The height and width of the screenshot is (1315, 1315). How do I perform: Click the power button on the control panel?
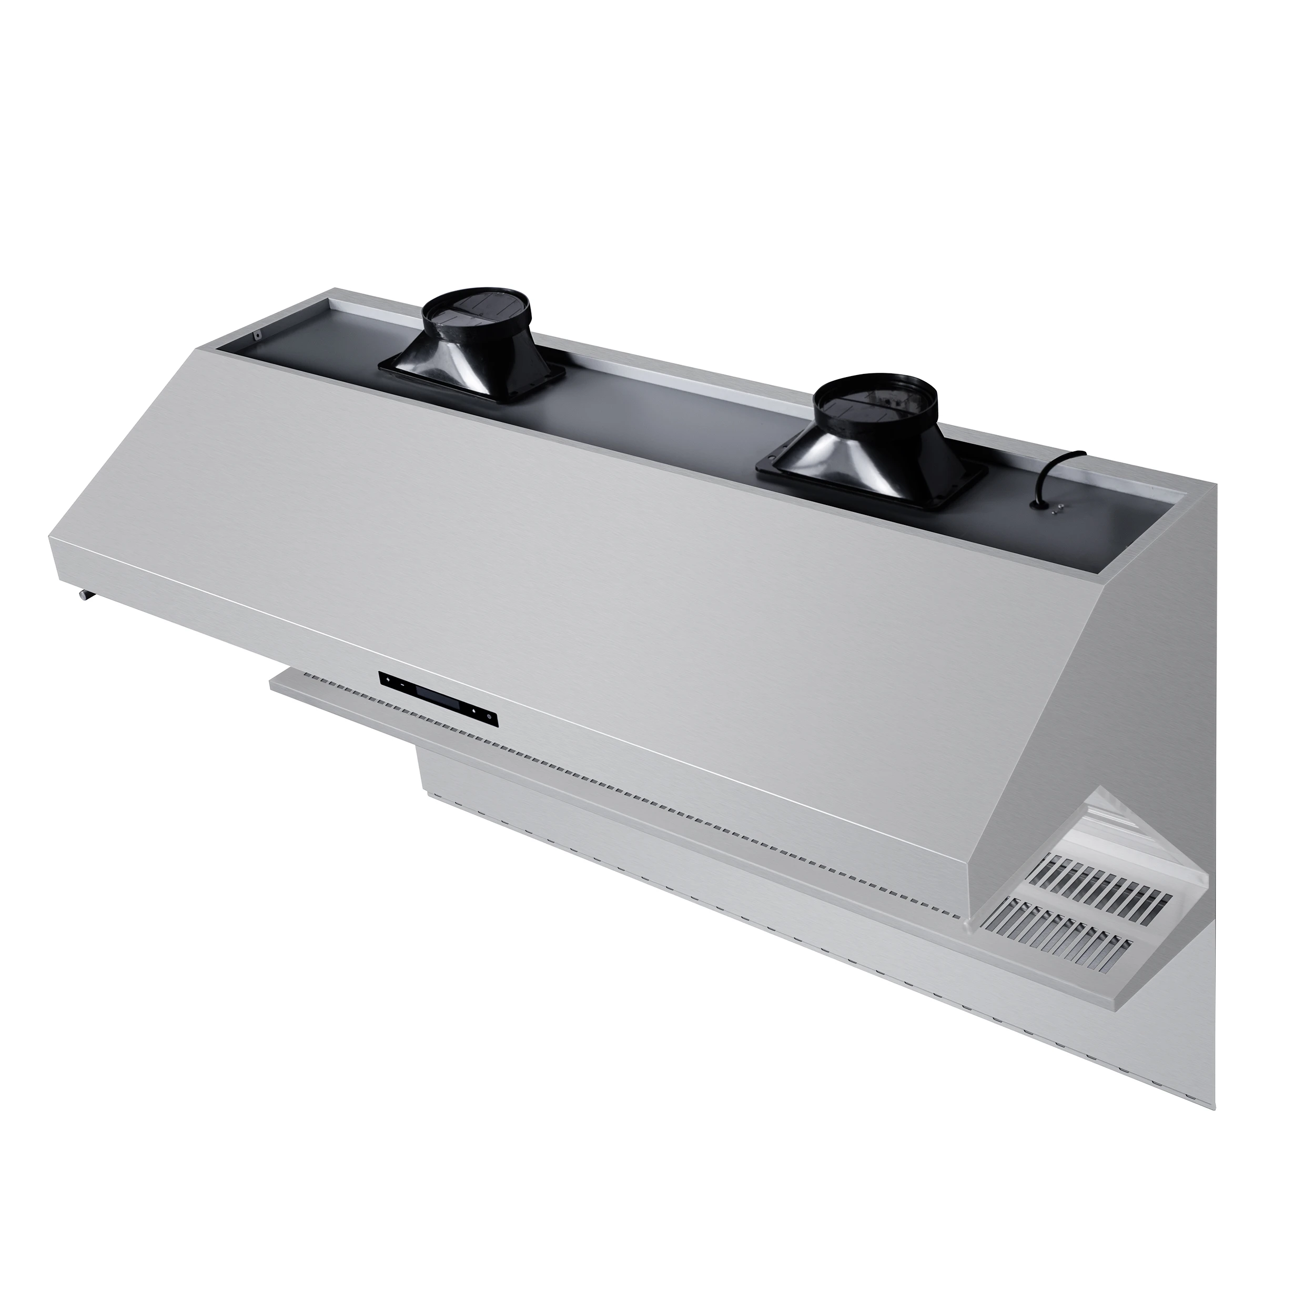(x=489, y=717)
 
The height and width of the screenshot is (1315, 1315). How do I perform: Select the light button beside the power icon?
(x=474, y=711)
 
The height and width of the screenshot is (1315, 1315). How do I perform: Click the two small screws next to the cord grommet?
(x=1058, y=510)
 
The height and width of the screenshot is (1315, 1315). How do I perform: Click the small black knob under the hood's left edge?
(x=83, y=597)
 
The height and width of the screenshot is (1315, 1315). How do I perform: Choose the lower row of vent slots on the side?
(x=1082, y=926)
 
